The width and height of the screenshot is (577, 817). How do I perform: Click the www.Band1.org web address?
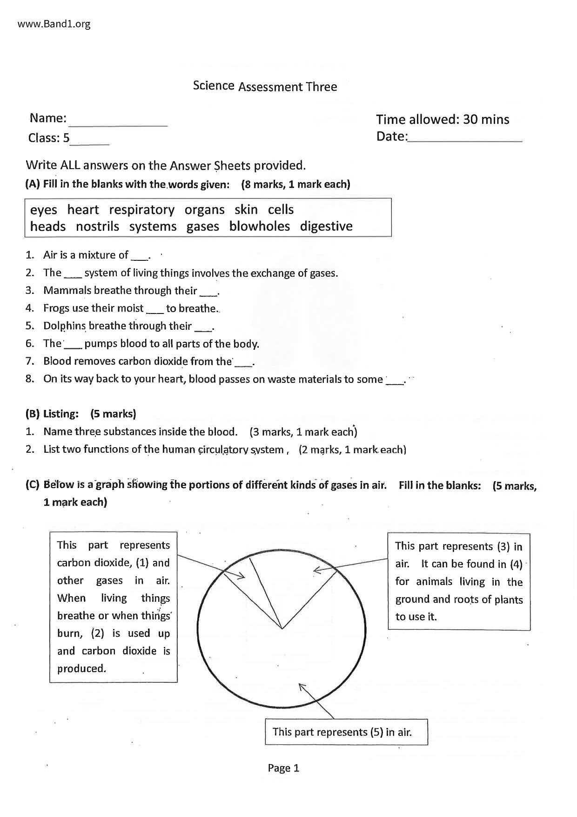coord(54,24)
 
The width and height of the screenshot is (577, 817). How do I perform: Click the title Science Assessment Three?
coord(265,86)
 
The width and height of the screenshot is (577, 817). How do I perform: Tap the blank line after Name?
coord(118,122)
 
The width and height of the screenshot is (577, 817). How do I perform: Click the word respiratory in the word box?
coord(142,210)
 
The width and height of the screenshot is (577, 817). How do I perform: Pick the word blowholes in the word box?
coord(259,226)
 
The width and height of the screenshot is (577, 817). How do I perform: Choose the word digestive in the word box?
coord(326,226)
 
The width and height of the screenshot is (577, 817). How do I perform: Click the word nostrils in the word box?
coord(97,226)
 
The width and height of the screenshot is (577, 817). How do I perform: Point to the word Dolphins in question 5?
coord(65,326)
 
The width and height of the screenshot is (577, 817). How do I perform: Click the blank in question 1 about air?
coord(139,256)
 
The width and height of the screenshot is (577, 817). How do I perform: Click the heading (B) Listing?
coord(52,414)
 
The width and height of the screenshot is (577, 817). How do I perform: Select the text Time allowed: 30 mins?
coord(443,120)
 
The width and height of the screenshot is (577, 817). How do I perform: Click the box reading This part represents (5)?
coord(346,732)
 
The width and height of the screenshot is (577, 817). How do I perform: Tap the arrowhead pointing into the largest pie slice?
coord(302,686)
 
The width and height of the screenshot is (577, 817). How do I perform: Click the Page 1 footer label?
coord(283,768)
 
